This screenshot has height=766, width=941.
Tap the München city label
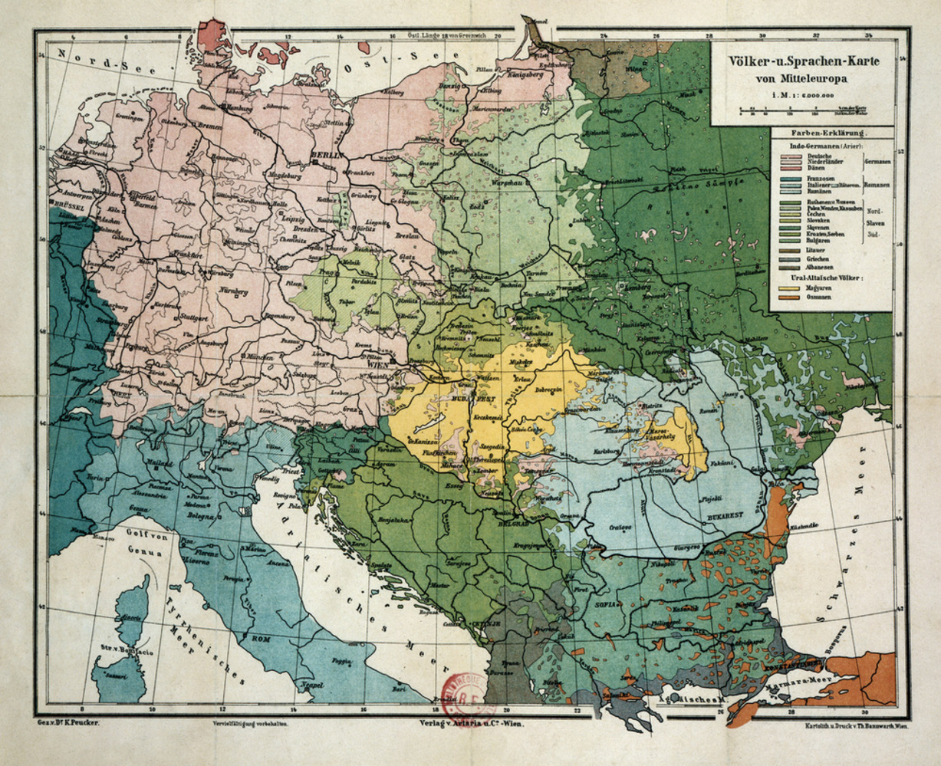(266, 358)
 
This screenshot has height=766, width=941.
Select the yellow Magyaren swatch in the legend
(790, 288)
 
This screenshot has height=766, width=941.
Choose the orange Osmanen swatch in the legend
(790, 298)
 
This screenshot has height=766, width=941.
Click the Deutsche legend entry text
(819, 157)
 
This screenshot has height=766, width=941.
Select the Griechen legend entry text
(818, 258)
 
